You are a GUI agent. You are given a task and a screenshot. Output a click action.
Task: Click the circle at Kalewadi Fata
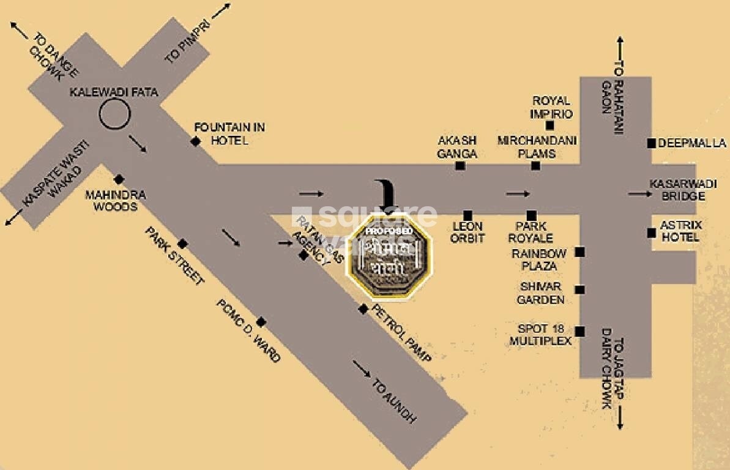(114, 114)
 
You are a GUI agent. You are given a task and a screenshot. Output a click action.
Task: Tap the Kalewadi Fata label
(114, 93)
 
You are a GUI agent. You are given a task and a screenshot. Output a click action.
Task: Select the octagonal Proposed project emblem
(390, 254)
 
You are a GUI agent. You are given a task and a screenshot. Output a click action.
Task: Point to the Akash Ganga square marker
(460, 165)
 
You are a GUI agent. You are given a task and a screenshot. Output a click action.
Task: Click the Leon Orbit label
(467, 232)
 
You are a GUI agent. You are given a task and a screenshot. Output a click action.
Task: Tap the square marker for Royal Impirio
(549, 125)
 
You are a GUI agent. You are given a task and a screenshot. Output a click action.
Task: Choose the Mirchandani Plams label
(537, 147)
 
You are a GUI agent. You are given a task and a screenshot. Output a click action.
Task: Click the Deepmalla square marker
(651, 143)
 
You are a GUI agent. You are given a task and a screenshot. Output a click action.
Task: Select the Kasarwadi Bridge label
(677, 190)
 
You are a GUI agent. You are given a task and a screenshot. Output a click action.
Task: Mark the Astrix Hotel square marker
(651, 232)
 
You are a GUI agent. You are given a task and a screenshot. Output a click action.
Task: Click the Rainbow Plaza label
(539, 259)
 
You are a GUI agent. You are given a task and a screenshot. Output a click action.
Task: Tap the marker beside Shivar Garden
(579, 289)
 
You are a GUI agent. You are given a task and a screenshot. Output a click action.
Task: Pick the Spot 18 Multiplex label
(540, 334)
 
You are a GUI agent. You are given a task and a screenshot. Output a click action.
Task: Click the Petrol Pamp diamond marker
(363, 309)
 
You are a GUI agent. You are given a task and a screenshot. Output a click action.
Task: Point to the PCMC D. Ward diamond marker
(261, 322)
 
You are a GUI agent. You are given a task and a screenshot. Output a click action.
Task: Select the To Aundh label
(394, 401)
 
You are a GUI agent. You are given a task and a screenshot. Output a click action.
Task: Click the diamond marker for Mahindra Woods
(119, 179)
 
